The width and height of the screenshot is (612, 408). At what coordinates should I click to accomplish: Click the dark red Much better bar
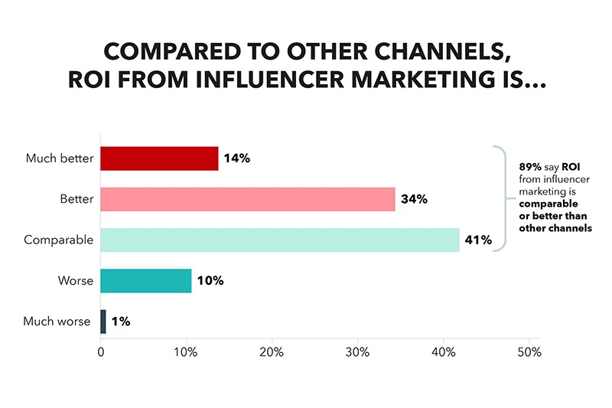(x=159, y=158)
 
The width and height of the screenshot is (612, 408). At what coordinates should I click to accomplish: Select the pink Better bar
(x=248, y=199)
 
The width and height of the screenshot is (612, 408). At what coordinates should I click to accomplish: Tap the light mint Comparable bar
(x=279, y=240)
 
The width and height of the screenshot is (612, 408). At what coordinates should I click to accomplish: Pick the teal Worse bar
(x=145, y=280)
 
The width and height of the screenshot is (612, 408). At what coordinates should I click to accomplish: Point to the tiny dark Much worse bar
(x=103, y=321)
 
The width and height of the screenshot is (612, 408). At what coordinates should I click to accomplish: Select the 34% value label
(x=414, y=200)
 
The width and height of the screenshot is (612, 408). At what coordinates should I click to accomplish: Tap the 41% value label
(x=477, y=240)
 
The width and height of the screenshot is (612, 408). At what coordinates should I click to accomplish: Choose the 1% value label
(x=120, y=322)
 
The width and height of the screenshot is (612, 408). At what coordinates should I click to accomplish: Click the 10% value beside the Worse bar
(x=210, y=281)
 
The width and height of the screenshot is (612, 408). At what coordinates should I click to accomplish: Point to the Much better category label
(x=59, y=159)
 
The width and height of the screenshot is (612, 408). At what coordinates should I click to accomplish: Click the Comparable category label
(x=58, y=240)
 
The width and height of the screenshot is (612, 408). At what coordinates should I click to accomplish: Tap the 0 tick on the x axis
(x=101, y=353)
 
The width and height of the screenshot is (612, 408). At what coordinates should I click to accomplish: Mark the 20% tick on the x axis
(x=272, y=353)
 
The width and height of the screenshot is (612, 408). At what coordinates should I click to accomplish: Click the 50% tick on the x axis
(x=529, y=353)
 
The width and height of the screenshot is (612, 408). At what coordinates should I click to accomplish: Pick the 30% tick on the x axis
(x=358, y=353)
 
